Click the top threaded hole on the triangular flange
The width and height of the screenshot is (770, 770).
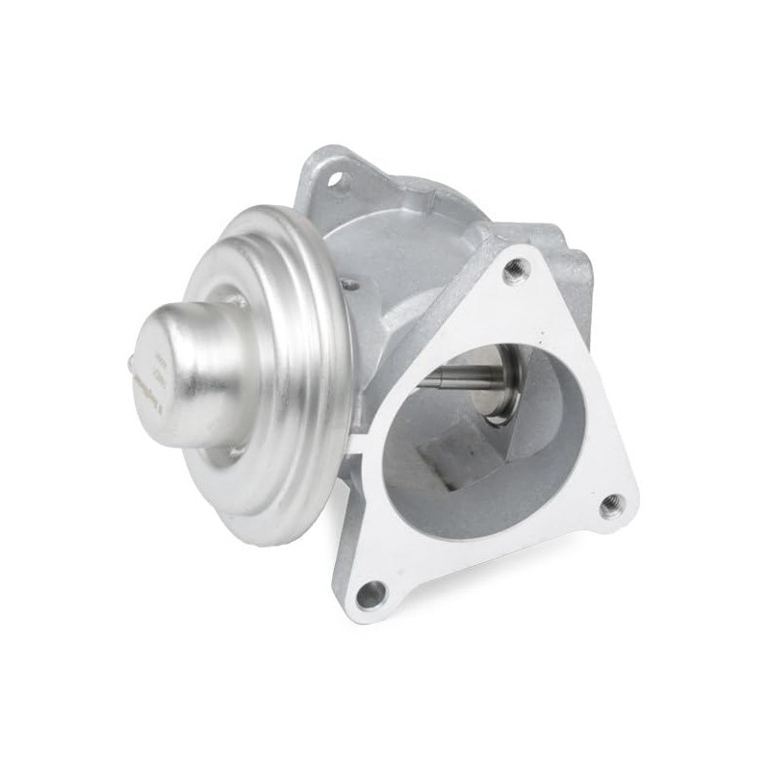[x=516, y=269]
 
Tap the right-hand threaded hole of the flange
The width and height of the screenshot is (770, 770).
[x=609, y=504]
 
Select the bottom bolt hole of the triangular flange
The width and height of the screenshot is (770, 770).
[x=371, y=594]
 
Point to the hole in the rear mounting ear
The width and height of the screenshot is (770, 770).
[x=338, y=179]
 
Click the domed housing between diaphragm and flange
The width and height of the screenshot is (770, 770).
[x=385, y=269]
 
